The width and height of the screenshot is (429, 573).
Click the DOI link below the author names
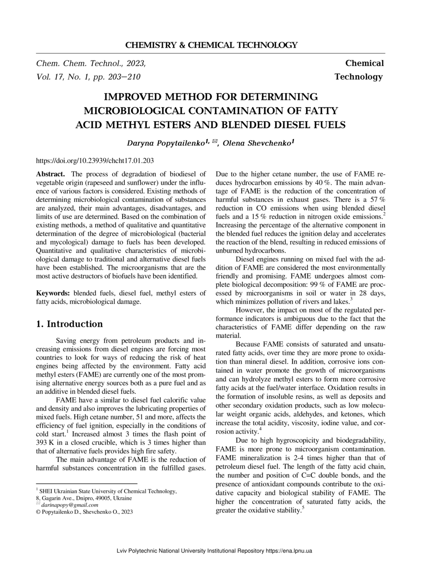tap(95, 161)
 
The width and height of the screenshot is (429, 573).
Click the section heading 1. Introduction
tap(69, 324)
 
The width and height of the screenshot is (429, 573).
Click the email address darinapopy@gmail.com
tap(70, 505)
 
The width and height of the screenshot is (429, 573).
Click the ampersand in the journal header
tap(182, 45)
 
